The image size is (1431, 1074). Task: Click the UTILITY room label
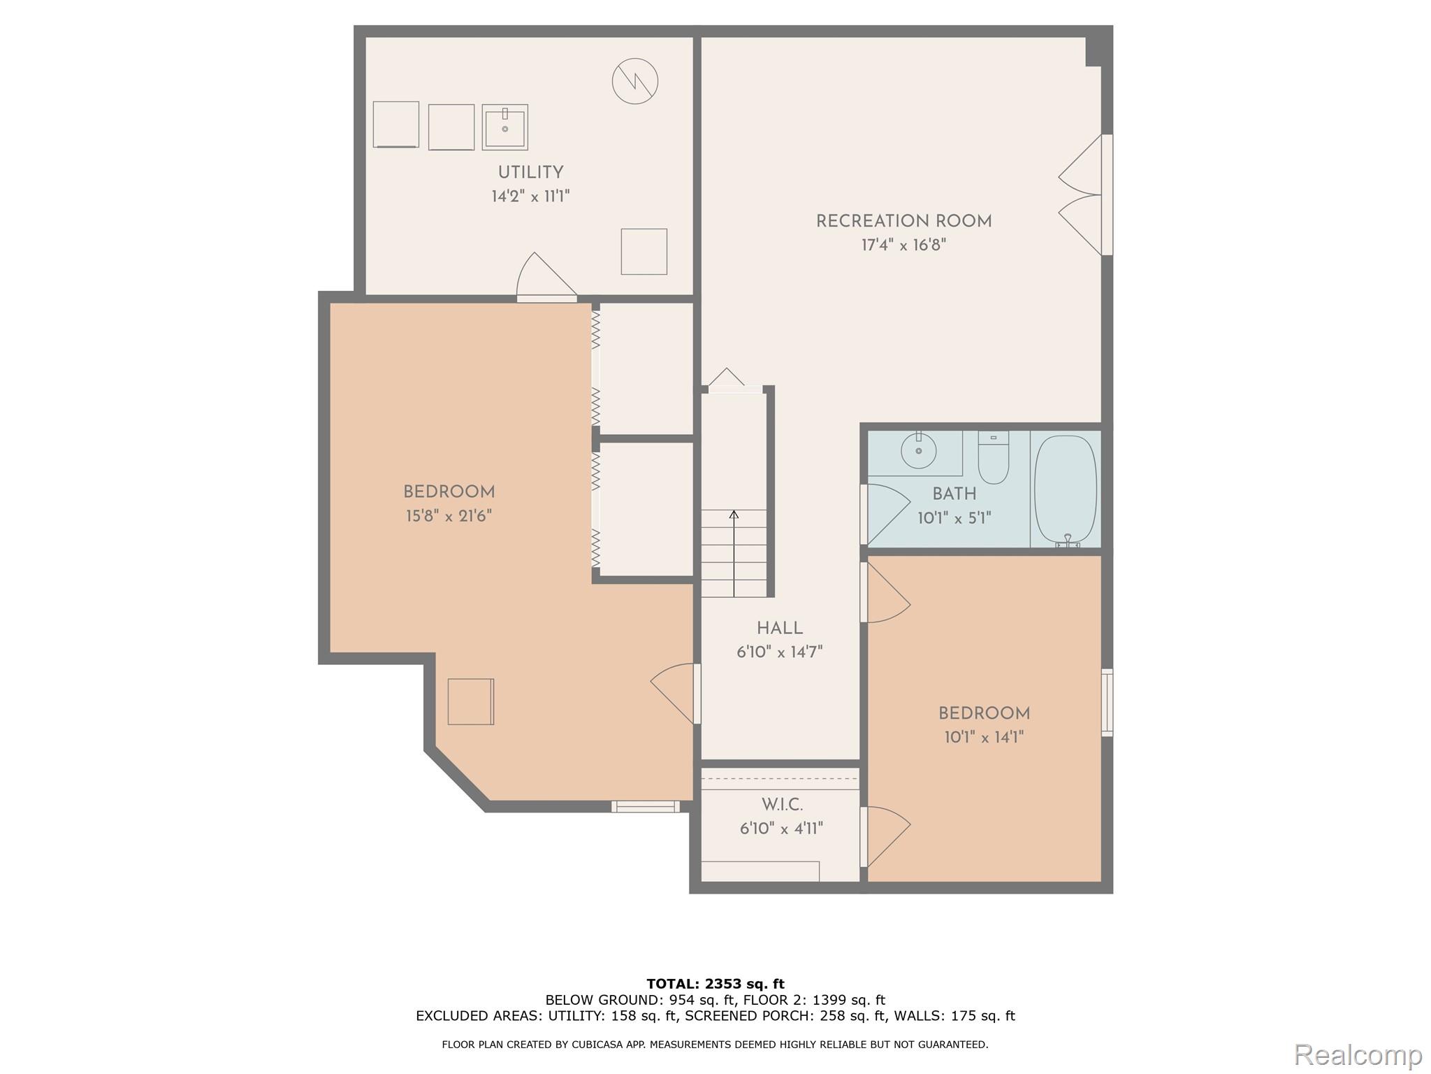tap(530, 172)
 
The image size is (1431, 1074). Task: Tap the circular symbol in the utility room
tap(634, 81)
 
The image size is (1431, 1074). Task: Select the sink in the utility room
tap(504, 127)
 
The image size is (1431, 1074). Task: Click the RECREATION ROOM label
tap(903, 221)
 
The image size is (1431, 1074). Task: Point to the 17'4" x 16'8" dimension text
tap(903, 245)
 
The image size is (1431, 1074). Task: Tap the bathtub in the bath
tap(1065, 489)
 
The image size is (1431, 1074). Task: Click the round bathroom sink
tap(918, 451)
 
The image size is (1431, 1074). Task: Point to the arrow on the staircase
tap(734, 516)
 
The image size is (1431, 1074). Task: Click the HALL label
tap(780, 628)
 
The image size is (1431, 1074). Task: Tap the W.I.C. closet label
tap(782, 805)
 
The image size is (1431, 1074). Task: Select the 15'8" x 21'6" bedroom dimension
tap(449, 516)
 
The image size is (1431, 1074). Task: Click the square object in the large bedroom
tap(470, 701)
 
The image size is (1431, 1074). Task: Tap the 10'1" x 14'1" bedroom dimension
tap(984, 737)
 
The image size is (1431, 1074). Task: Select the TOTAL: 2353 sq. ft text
tap(715, 984)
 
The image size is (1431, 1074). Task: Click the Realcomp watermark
tap(1358, 1054)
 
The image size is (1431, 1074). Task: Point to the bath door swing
tap(886, 513)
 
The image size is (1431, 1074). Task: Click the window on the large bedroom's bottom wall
tap(645, 806)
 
